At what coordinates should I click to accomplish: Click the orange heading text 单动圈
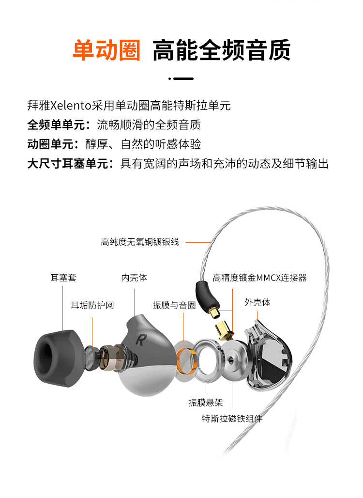click(106, 50)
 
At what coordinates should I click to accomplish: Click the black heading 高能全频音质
click(222, 50)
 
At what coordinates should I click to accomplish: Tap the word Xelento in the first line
click(71, 105)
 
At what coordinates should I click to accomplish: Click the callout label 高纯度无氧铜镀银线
click(140, 242)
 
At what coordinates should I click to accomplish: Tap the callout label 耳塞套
click(63, 278)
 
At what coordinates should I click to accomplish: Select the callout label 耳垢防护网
click(92, 306)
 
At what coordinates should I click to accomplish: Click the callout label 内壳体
click(134, 278)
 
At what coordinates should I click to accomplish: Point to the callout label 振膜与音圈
click(174, 306)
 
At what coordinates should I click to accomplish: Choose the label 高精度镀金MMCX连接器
click(259, 278)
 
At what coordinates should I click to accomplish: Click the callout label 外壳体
click(257, 302)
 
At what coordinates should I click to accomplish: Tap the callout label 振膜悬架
click(206, 403)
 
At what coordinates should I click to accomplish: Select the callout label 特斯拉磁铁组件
click(232, 419)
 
